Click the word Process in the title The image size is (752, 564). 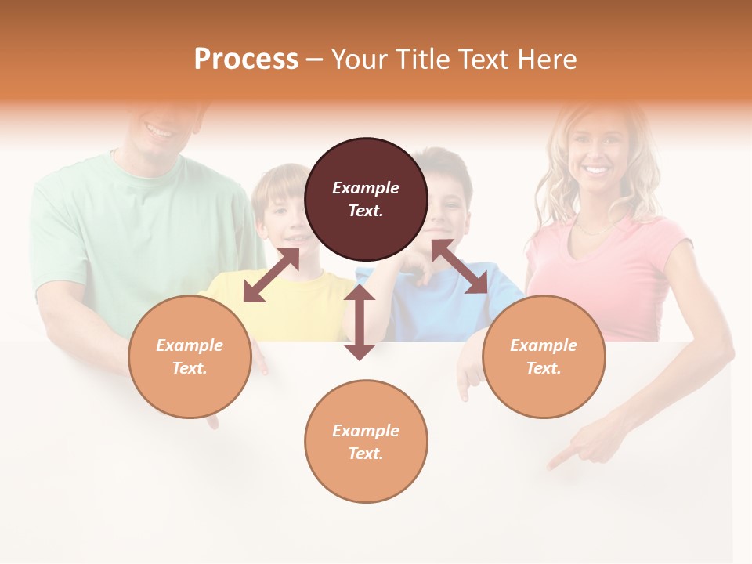pos(246,60)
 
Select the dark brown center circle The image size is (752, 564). pos(366,199)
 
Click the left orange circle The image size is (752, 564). pos(190,356)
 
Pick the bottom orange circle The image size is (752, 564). pos(366,441)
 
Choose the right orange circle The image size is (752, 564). pos(544,356)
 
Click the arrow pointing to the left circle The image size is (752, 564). pos(271,276)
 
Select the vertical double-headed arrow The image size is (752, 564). pos(360,322)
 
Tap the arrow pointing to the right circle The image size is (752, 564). pos(459,267)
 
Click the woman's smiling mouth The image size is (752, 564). pos(596,169)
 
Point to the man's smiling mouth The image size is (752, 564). pos(159,130)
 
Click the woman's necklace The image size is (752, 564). pos(595,228)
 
